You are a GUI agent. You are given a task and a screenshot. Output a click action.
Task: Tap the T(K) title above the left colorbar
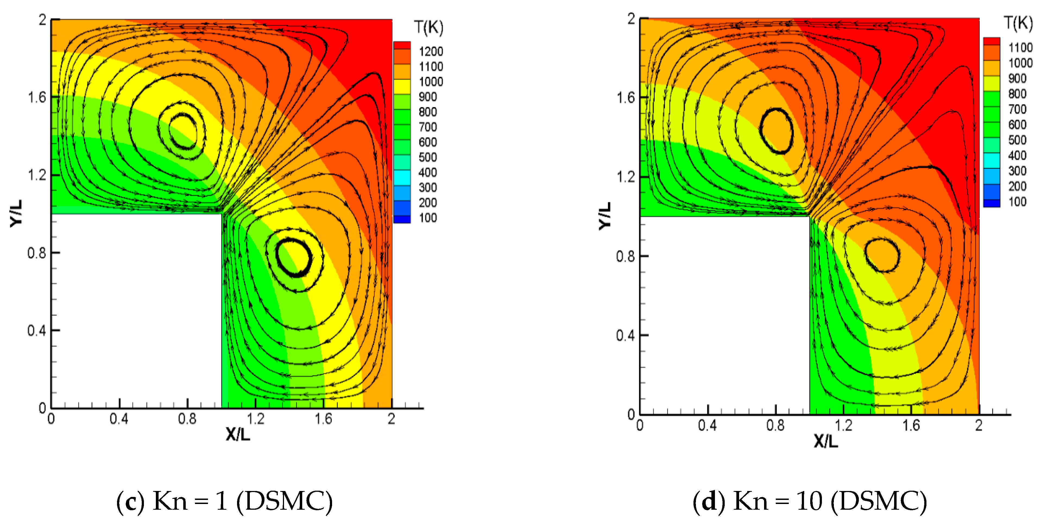coord(428,28)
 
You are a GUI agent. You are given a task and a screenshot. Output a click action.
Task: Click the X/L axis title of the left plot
coord(238,435)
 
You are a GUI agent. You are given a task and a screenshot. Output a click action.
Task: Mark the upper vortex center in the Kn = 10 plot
coord(776,131)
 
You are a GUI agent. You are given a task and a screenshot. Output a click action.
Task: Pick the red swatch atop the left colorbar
coord(402,46)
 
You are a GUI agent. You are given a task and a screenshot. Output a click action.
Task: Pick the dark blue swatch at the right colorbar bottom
coord(991,203)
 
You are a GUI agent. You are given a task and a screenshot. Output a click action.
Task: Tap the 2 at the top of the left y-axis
coord(43,20)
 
